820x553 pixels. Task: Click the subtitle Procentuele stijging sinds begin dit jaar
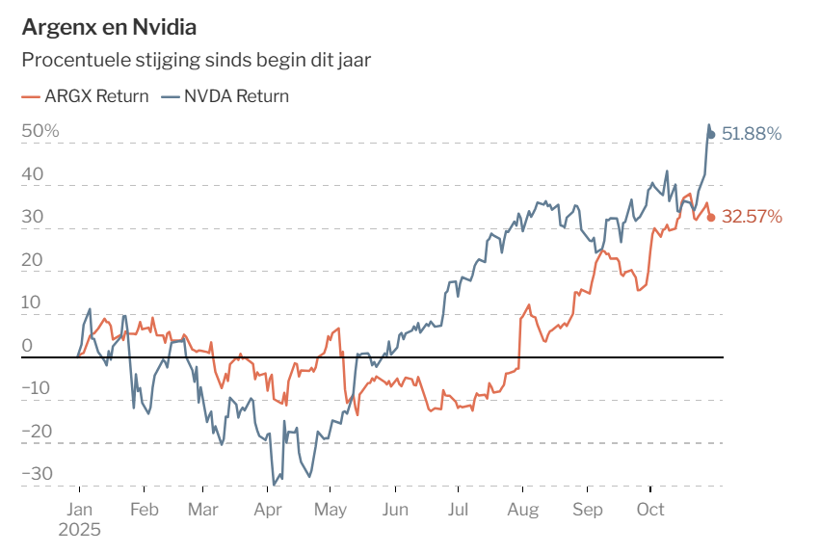(197, 60)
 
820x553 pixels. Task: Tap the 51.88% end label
(752, 134)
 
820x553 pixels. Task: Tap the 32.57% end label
(752, 217)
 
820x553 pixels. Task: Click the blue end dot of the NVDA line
(711, 134)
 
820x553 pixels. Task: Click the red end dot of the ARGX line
(711, 217)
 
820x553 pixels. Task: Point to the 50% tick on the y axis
(40, 131)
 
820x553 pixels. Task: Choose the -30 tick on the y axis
(39, 473)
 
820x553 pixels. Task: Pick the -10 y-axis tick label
(39, 388)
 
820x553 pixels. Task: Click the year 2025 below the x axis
(80, 529)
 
